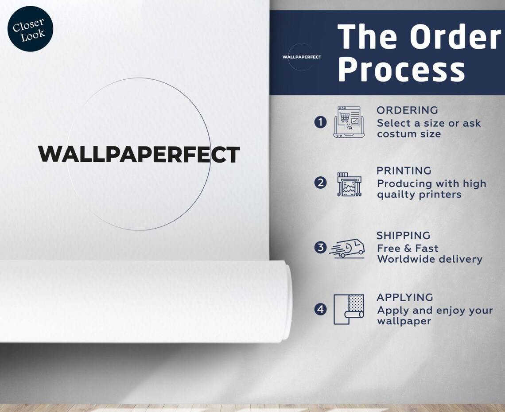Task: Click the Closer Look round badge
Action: pos(30,29)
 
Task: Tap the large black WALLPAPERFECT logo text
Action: pos(139,154)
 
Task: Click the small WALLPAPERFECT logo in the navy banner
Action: pos(302,57)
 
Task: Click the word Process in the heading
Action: pos(401,68)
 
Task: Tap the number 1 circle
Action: pos(320,122)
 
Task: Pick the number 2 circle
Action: pos(320,183)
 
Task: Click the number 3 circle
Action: pos(320,247)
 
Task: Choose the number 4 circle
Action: pos(320,309)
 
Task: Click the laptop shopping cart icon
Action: pos(349,122)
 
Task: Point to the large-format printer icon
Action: pos(349,184)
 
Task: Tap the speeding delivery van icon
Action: pos(347,249)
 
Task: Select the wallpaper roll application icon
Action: pos(349,309)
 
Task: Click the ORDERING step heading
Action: pos(407,110)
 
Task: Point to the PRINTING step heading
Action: pos(404,171)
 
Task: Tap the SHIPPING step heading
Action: pos(403,236)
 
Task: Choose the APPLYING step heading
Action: pos(405,297)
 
